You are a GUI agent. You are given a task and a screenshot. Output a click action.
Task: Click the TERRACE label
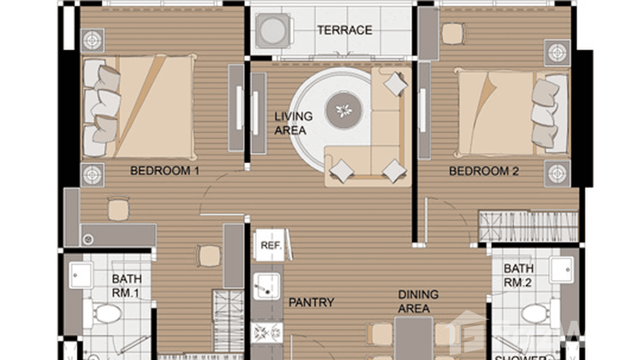(345, 30)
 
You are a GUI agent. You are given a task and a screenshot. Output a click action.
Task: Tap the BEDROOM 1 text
(165, 170)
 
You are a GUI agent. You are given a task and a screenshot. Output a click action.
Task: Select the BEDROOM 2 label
(483, 171)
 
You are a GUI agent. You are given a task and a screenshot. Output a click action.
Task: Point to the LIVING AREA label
(293, 123)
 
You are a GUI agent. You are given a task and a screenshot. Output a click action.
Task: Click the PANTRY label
(311, 302)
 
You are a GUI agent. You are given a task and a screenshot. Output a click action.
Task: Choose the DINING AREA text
(418, 301)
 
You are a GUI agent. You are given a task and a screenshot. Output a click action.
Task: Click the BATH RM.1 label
(126, 286)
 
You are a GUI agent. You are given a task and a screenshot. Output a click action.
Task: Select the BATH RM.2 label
(518, 275)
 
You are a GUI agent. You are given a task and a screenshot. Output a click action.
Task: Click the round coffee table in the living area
(344, 110)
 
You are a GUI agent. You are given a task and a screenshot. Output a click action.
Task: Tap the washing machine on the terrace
(272, 30)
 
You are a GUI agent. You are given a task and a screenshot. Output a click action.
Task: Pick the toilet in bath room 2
(537, 313)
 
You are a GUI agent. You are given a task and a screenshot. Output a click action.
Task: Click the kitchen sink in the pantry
(266, 286)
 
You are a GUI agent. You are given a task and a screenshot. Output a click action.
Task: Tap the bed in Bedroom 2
(511, 113)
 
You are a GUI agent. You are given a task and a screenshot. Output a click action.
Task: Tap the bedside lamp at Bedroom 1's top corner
(93, 40)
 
